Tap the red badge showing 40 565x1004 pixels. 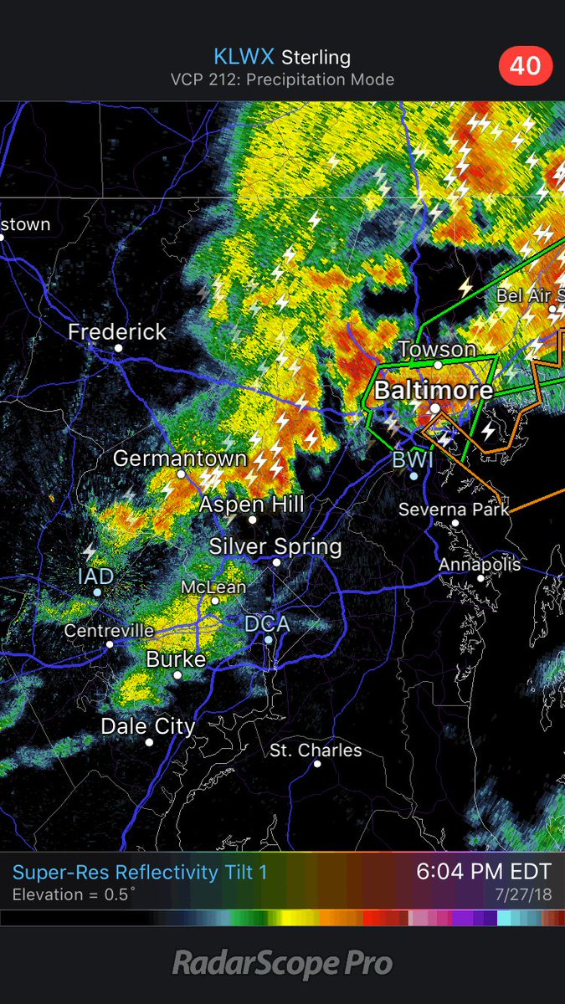[x=526, y=64]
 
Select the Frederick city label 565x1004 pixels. [x=117, y=331]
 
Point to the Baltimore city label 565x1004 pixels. [x=433, y=390]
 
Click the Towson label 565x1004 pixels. [x=437, y=349]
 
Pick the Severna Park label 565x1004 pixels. [x=453, y=509]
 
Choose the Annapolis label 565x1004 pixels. [x=480, y=565]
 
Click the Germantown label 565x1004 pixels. [x=180, y=458]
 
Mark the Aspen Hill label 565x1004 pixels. [x=251, y=505]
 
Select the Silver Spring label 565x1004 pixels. [x=275, y=547]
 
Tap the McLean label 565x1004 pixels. [x=213, y=587]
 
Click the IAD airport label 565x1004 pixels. [x=95, y=576]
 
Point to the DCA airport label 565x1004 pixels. [x=267, y=623]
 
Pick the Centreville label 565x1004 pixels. [x=110, y=630]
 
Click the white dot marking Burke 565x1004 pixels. [x=177, y=674]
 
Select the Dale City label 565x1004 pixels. [x=148, y=725]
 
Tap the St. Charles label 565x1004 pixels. [x=316, y=750]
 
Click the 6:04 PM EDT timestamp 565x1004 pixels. [x=484, y=872]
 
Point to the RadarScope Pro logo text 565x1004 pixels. [x=282, y=964]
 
